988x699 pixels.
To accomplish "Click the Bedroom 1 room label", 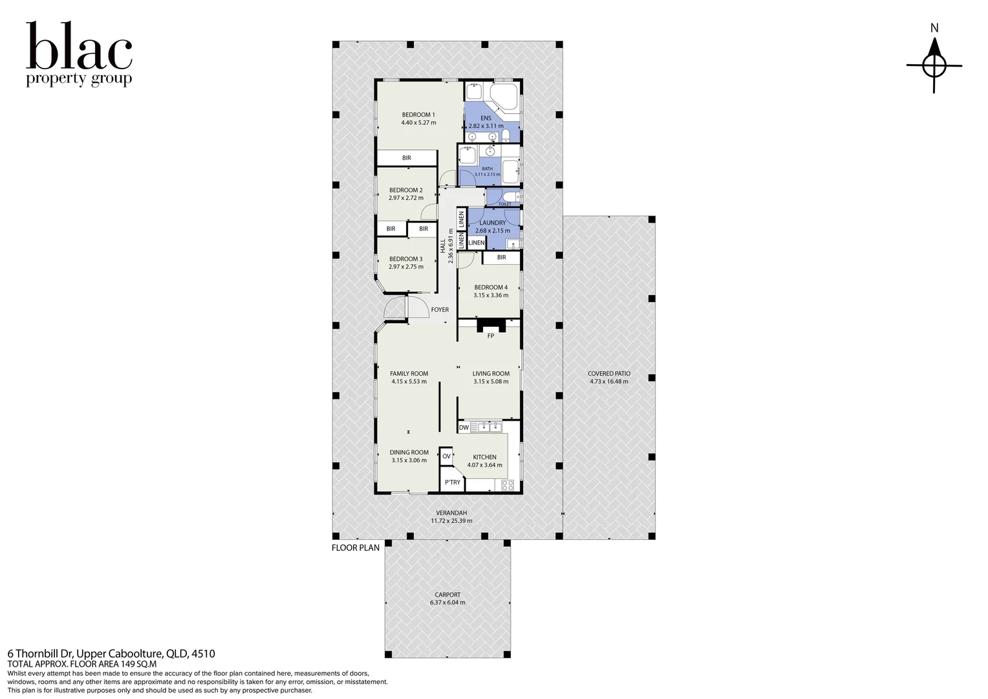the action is [x=418, y=115].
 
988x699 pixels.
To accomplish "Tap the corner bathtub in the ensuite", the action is [x=506, y=96].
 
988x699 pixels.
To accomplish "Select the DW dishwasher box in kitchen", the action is [x=464, y=427].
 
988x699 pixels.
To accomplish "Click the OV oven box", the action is [x=446, y=456].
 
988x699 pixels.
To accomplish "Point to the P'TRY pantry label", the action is [x=453, y=482].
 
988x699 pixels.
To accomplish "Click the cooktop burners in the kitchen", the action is [x=508, y=485].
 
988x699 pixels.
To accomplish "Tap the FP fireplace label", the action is [x=491, y=336].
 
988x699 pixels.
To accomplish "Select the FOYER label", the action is [x=440, y=309].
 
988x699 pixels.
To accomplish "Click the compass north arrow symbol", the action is [x=934, y=65].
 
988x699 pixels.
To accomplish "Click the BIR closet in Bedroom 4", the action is [x=502, y=258].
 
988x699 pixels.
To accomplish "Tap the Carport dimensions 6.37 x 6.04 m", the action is [x=447, y=603].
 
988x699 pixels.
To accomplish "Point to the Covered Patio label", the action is [x=609, y=373].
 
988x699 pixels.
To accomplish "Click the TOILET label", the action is [x=504, y=205].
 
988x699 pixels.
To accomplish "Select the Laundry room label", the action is [x=493, y=223].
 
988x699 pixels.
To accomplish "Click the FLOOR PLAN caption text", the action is [x=356, y=548].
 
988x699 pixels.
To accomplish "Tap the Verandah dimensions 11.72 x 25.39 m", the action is [x=451, y=520].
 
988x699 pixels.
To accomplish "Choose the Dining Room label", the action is [x=409, y=452].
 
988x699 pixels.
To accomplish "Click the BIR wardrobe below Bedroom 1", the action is [x=406, y=158].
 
